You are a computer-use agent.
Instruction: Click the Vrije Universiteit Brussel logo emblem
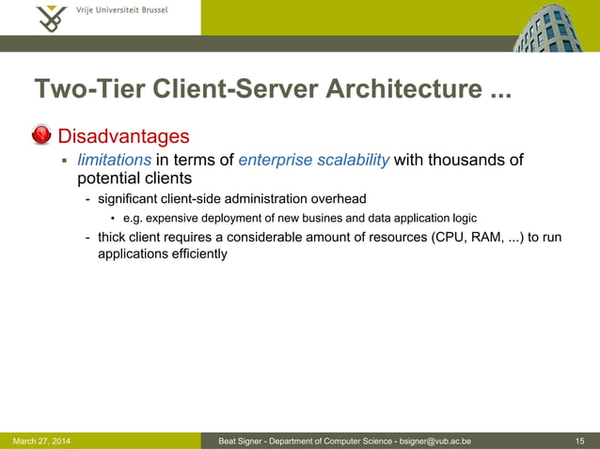coord(49,17)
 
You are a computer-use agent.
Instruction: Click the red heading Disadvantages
coord(124,137)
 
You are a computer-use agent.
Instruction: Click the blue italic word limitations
coord(114,160)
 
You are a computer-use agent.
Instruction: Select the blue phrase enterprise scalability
coord(314,160)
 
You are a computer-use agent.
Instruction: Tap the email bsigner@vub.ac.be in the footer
coord(434,441)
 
